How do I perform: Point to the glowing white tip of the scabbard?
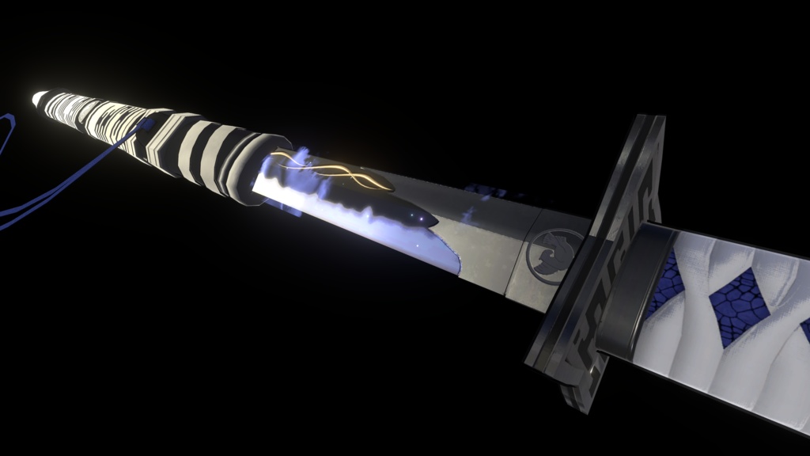(39, 99)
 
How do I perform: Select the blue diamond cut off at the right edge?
(804, 329)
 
